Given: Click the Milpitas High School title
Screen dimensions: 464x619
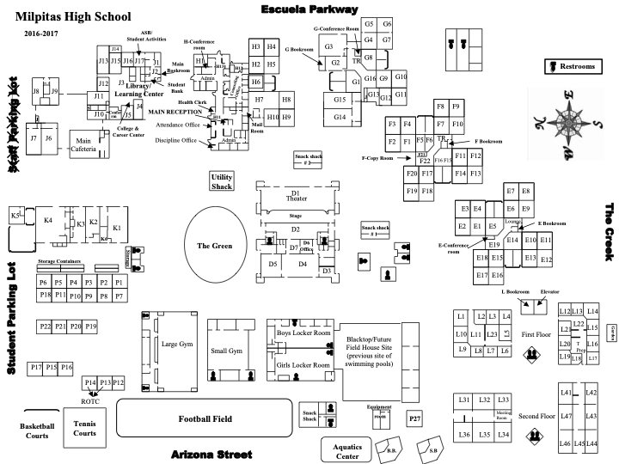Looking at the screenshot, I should pyautogui.click(x=72, y=16).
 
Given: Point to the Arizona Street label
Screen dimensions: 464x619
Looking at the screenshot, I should pyautogui.click(x=211, y=454).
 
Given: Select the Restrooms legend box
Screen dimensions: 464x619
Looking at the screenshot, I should pyautogui.click(x=573, y=66).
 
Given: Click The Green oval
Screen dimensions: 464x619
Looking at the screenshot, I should pyautogui.click(x=215, y=246).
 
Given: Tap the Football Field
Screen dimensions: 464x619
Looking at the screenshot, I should pyautogui.click(x=205, y=418).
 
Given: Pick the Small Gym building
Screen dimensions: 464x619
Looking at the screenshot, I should pyautogui.click(x=228, y=351).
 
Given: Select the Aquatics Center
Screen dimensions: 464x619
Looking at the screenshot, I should pyautogui.click(x=347, y=449).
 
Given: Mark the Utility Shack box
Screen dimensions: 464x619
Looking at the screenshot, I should pyautogui.click(x=222, y=181).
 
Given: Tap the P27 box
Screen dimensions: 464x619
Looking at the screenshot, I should pyautogui.click(x=415, y=418).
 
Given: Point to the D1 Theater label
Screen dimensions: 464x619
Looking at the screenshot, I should pyautogui.click(x=295, y=196).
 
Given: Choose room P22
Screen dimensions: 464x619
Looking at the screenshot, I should pyautogui.click(x=45, y=327).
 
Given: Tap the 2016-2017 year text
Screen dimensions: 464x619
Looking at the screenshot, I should pyautogui.click(x=37, y=33).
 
